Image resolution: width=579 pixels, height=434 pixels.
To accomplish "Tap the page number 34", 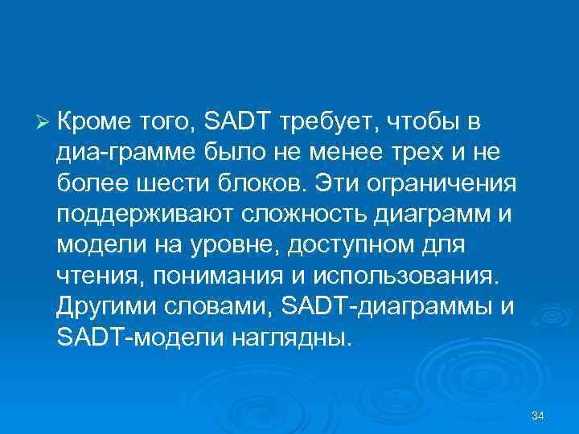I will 539,416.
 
